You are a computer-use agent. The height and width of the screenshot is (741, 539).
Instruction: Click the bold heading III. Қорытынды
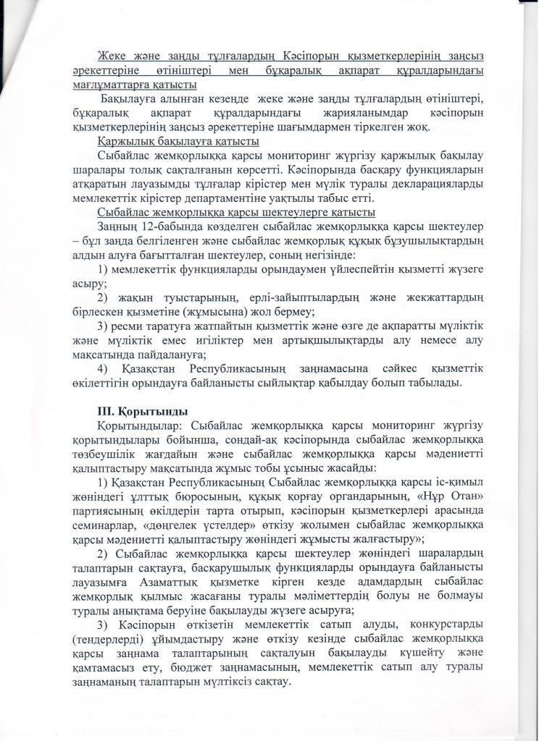coord(138,412)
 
